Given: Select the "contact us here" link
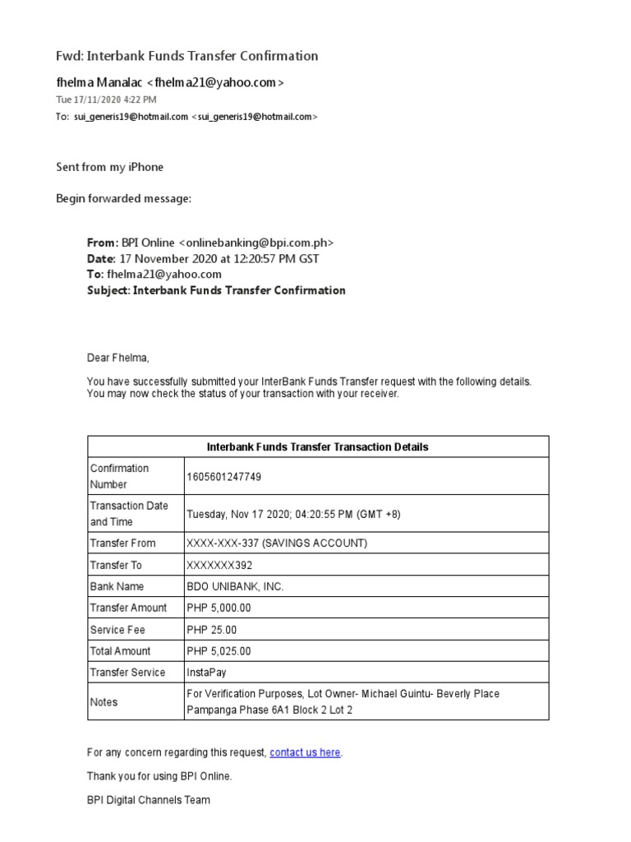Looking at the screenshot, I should [305, 752].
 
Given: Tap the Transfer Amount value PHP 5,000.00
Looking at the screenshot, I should [219, 608].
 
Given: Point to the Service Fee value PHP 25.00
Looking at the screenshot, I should [211, 629].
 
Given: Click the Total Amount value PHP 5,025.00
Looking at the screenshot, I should [219, 650].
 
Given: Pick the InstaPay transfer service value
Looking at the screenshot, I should [206, 672].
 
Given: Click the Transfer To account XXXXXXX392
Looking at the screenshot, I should [220, 565].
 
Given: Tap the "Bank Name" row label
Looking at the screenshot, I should [117, 586].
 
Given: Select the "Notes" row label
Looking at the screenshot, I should [104, 702].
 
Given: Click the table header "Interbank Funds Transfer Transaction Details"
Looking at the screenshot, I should [318, 447].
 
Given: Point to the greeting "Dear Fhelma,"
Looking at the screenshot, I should [119, 358].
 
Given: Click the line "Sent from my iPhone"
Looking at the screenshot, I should [109, 167].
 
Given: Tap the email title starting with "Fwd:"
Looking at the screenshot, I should [187, 56].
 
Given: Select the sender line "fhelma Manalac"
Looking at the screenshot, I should [169, 82].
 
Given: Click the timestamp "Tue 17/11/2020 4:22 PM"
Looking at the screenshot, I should [106, 99].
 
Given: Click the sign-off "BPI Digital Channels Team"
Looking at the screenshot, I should [149, 799].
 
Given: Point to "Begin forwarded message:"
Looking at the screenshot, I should [123, 198].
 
